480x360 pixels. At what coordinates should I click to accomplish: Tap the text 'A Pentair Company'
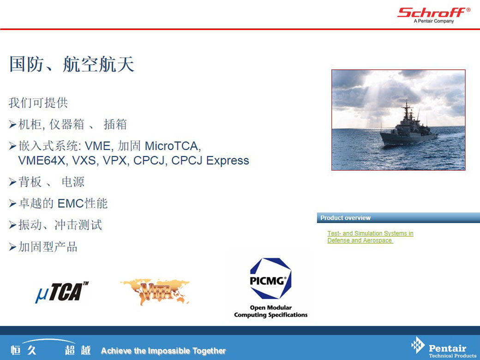click(x=434, y=21)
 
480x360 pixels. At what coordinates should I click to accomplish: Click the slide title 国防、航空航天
click(x=72, y=64)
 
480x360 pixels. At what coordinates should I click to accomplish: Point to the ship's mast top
click(x=407, y=102)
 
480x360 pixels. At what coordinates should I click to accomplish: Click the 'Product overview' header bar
click(x=398, y=218)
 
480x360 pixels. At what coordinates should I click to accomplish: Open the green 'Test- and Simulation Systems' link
click(x=370, y=237)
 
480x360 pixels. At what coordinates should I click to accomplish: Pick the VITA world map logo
click(x=155, y=291)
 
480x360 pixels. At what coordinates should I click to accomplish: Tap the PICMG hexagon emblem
click(x=270, y=278)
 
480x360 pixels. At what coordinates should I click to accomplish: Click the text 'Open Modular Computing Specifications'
click(x=271, y=311)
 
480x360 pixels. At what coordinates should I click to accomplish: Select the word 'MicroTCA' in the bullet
click(x=173, y=146)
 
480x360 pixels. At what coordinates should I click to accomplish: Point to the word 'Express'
click(x=228, y=161)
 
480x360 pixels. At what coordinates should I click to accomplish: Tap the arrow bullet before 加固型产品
click(x=12, y=247)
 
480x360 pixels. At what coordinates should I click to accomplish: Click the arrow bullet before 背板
click(x=12, y=182)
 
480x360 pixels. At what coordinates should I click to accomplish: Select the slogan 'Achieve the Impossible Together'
click(x=163, y=350)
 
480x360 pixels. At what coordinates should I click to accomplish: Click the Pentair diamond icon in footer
click(x=418, y=345)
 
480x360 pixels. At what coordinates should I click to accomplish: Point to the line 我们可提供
click(x=38, y=103)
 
